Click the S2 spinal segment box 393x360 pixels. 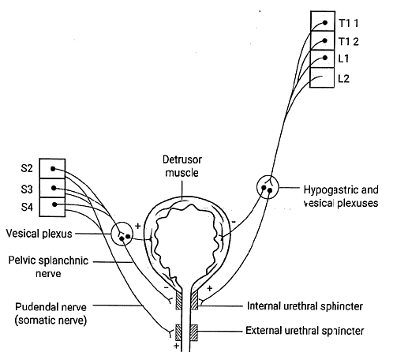click(53, 169)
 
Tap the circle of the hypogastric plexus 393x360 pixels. click(268, 189)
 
